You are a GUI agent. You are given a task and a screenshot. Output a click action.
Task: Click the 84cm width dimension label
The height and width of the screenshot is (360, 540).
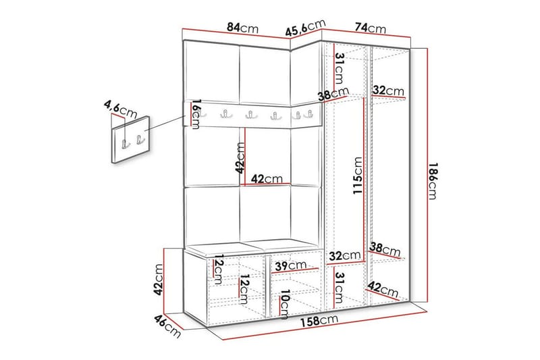pyautogui.click(x=242, y=28)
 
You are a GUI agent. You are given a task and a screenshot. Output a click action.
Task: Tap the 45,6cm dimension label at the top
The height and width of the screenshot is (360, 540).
pyautogui.click(x=302, y=30)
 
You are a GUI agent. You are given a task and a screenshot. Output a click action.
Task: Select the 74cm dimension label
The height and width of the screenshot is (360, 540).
pyautogui.click(x=370, y=28)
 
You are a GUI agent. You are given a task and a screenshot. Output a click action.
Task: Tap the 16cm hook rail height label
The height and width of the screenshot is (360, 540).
pyautogui.click(x=195, y=113)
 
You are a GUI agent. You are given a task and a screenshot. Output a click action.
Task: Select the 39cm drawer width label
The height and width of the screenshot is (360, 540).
pyautogui.click(x=291, y=265)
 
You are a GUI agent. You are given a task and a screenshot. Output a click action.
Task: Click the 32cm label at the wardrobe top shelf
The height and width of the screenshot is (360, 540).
pyautogui.click(x=388, y=90)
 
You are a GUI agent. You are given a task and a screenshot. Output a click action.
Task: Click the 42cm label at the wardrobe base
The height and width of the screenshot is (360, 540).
pyautogui.click(x=383, y=291)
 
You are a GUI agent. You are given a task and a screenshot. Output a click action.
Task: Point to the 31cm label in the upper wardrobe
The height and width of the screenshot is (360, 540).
pyautogui.click(x=340, y=67)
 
